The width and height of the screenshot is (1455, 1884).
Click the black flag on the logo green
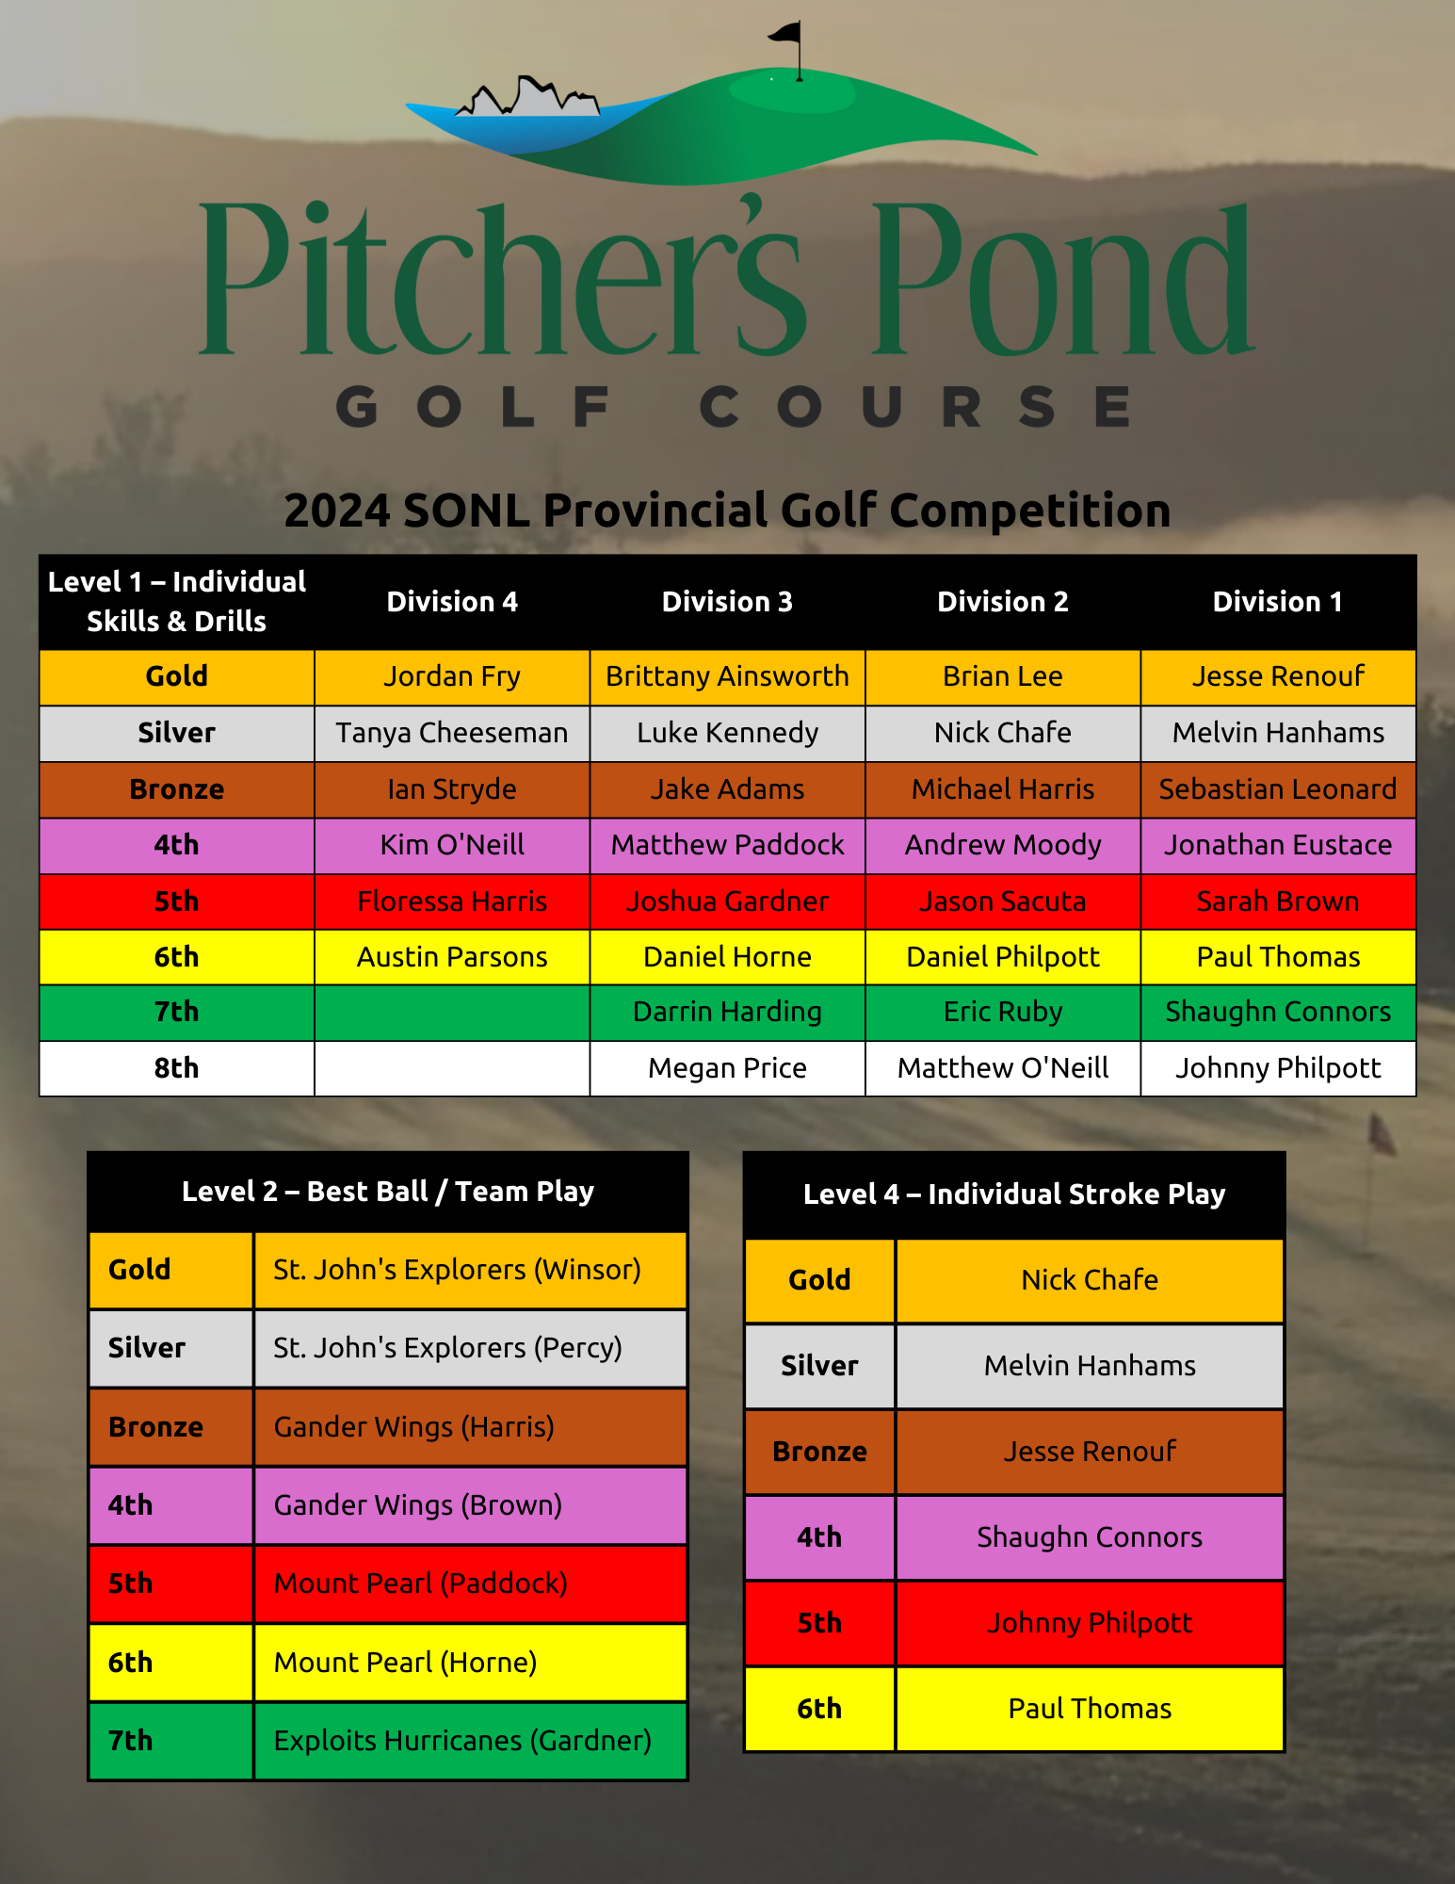click(x=785, y=34)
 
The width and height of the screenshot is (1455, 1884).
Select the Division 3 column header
click(x=727, y=602)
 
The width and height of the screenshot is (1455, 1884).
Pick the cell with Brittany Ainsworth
click(x=727, y=676)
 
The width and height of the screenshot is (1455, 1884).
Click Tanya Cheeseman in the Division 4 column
click(x=452, y=733)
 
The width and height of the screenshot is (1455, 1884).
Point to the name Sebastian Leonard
click(x=1278, y=789)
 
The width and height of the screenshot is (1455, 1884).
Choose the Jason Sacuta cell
click(x=1003, y=901)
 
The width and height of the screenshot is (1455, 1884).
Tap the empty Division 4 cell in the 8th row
click(x=452, y=1068)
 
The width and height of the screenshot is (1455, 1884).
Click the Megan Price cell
click(x=727, y=1068)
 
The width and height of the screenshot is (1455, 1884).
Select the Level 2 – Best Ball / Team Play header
click(x=388, y=1192)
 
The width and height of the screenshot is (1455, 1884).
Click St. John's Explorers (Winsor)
click(x=458, y=1270)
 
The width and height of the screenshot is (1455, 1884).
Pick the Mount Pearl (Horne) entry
click(x=406, y=1663)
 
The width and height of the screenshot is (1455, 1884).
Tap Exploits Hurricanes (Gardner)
click(x=462, y=1741)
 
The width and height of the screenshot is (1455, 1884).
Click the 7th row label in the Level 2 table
click(x=130, y=1741)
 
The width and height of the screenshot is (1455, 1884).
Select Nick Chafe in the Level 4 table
click(x=1090, y=1280)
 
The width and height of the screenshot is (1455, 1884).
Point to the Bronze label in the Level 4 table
click(x=819, y=1452)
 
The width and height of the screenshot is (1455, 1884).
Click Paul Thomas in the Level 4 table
click(x=1090, y=1709)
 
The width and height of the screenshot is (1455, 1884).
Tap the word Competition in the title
click(x=1029, y=511)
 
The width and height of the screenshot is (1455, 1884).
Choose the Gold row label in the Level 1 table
click(x=176, y=676)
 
